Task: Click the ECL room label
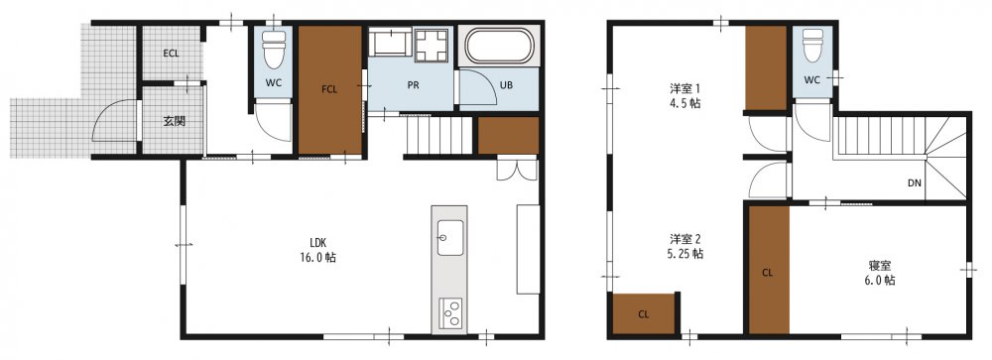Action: (171, 54)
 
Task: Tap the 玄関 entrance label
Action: (174, 121)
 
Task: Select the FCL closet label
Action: (329, 89)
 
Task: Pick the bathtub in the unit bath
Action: (500, 47)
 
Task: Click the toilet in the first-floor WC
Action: (274, 49)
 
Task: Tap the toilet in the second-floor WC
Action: (812, 45)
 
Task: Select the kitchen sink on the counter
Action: (449, 238)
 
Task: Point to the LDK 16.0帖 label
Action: (322, 250)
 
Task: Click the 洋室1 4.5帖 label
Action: (685, 95)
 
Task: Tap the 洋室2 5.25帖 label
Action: (686, 246)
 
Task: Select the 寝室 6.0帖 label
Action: (881, 273)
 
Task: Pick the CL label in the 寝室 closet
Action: (768, 274)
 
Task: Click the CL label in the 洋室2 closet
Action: (644, 313)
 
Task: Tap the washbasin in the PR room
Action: (390, 43)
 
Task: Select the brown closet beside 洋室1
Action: (766, 68)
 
